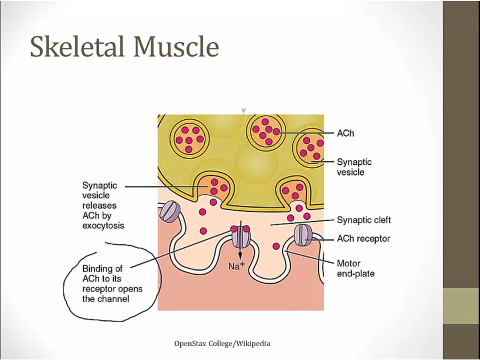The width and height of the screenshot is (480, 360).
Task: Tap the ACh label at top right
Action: tap(345, 133)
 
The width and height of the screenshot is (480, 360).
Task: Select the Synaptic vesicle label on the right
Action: tap(354, 167)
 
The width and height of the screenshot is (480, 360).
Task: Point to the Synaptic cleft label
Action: tap(364, 220)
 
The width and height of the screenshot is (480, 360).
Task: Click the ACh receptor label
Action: tap(363, 238)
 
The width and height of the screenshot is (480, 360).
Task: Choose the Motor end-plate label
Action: tap(356, 268)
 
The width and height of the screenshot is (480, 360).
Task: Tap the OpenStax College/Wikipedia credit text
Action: tap(222, 343)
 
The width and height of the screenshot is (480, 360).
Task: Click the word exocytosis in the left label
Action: tap(103, 226)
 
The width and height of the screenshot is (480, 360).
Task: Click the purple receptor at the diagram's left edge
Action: tap(170, 212)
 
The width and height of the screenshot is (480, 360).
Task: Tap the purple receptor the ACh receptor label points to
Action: tap(302, 235)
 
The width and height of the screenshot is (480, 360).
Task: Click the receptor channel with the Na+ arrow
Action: tap(240, 236)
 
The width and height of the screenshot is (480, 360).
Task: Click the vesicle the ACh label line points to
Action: tap(266, 131)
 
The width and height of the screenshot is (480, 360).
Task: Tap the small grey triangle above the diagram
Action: tap(243, 110)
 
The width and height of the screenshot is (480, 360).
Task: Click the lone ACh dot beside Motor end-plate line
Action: tap(276, 246)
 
